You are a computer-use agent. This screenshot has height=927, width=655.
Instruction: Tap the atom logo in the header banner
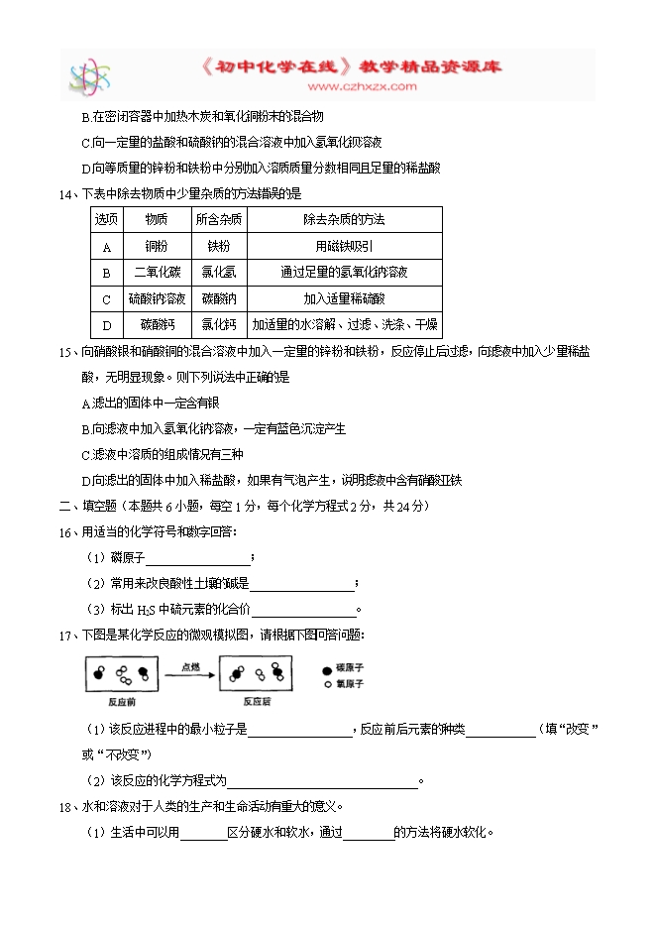point(89,75)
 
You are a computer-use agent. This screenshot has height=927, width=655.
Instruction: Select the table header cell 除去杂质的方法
point(344,218)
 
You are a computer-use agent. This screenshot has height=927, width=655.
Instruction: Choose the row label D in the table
point(106,324)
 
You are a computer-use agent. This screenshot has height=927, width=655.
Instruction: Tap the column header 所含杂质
point(219,218)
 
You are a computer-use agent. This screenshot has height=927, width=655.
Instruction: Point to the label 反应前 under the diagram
point(120,701)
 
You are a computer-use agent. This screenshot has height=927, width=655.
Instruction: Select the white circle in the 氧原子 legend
point(328,684)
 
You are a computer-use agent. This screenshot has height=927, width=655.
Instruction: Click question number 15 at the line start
point(66,351)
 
